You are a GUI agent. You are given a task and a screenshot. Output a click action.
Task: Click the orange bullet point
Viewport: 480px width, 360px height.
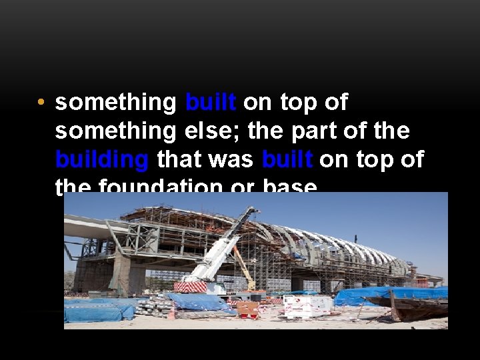[x=41, y=103]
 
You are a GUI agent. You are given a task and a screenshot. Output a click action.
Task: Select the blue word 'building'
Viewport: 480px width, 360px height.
[x=101, y=160]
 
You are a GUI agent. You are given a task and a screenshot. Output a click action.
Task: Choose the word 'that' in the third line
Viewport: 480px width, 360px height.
[x=178, y=160]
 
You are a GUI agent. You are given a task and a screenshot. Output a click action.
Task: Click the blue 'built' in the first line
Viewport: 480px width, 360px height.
[x=211, y=103]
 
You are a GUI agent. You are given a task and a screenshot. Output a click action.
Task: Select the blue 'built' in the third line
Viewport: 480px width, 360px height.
[x=287, y=160]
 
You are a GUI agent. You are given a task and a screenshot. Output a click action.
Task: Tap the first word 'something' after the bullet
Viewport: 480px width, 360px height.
[x=115, y=103]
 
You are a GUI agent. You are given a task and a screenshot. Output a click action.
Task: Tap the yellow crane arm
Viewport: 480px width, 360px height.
[x=243, y=267]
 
